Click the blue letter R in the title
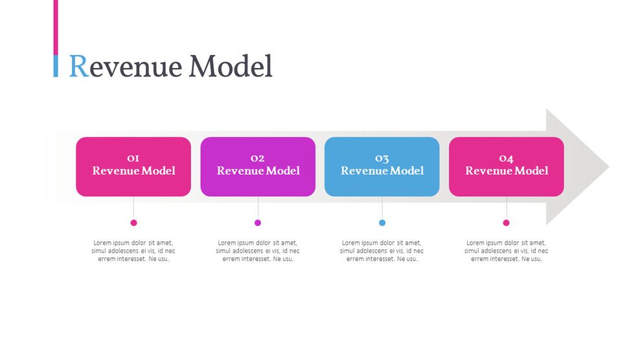point(78,66)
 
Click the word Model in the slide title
point(231,66)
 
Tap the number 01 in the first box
point(133,158)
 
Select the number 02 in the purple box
point(258,158)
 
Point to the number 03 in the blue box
point(382,158)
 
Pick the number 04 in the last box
point(507,158)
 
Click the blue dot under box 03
point(382,223)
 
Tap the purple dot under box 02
point(258,223)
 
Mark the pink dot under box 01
point(133,223)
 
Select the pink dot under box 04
point(507,223)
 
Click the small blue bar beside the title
point(56,66)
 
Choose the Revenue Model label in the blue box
point(382,171)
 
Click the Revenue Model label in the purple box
point(258,171)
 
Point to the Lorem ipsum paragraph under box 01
point(133,251)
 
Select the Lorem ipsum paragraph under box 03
point(382,251)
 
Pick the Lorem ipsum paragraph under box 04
point(507,251)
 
